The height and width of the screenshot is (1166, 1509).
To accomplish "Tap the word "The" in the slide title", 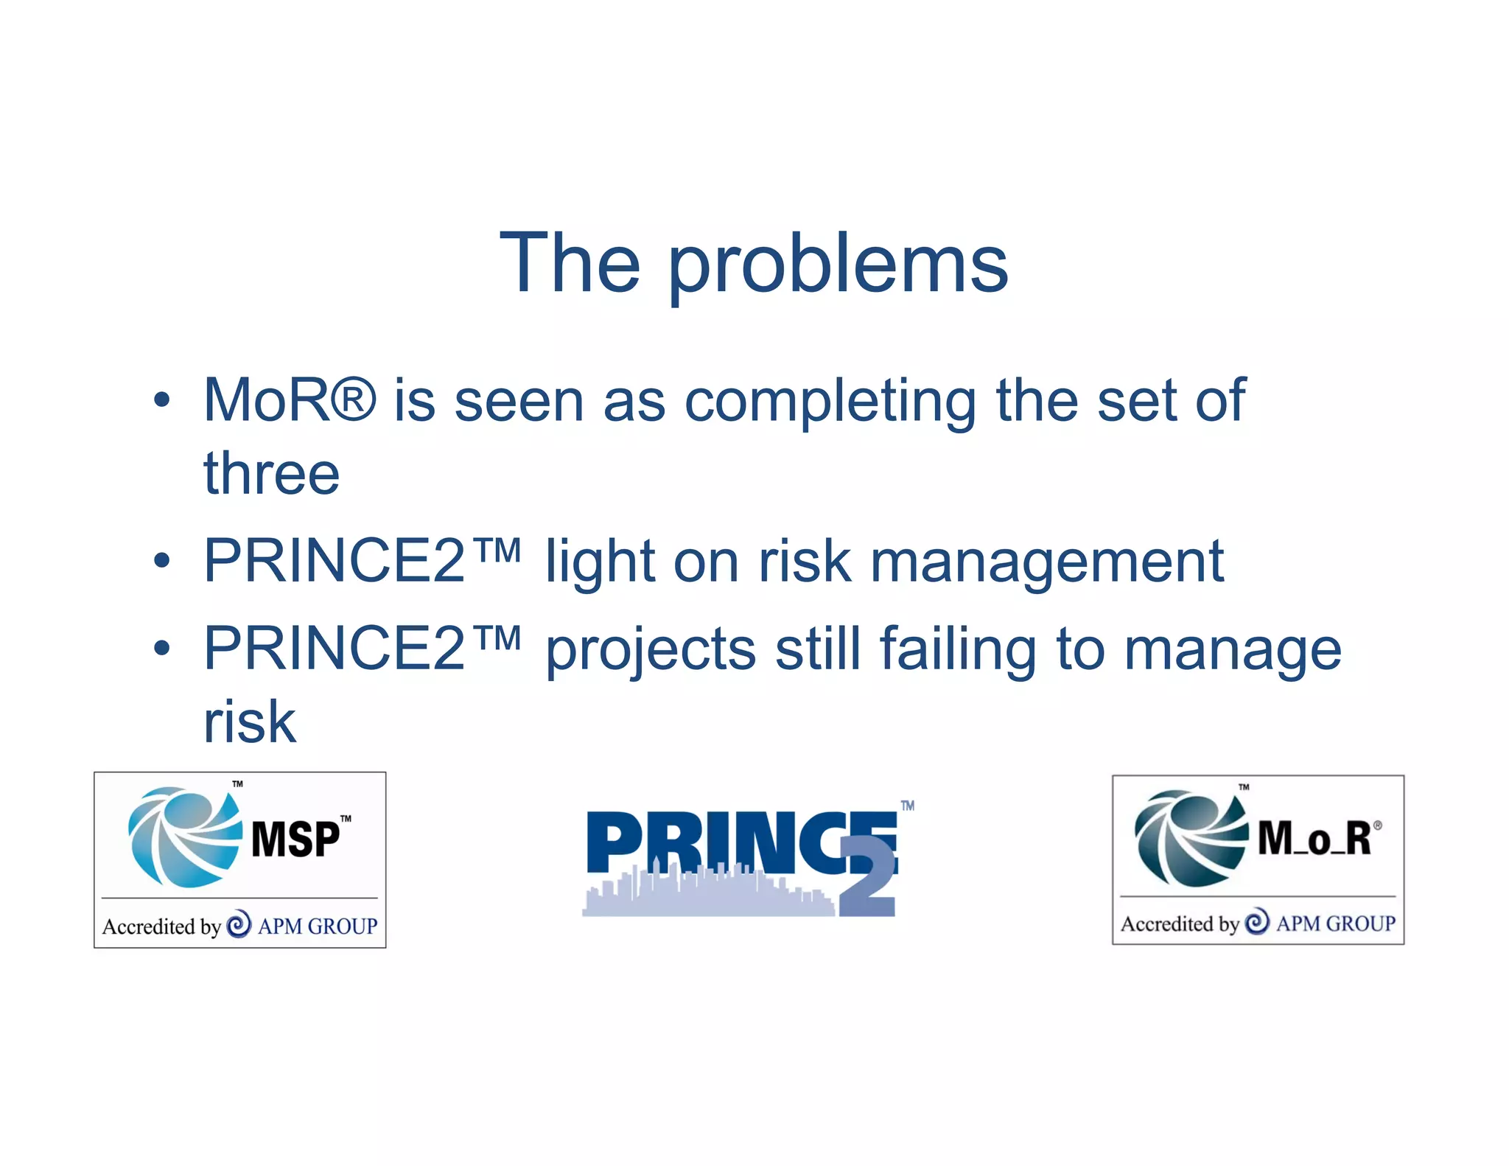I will [570, 263].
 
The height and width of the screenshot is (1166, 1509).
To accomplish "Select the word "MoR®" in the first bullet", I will [290, 400].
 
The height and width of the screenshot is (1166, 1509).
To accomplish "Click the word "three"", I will [271, 473].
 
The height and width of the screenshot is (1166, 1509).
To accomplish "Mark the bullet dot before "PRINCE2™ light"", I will [162, 562].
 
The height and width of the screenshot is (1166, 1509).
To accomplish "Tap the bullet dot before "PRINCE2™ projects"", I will [162, 649].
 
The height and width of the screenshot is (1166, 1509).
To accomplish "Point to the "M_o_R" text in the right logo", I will [1314, 839].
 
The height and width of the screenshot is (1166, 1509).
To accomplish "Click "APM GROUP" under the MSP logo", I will [318, 926].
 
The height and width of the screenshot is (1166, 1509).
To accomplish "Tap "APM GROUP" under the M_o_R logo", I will [1336, 924].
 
